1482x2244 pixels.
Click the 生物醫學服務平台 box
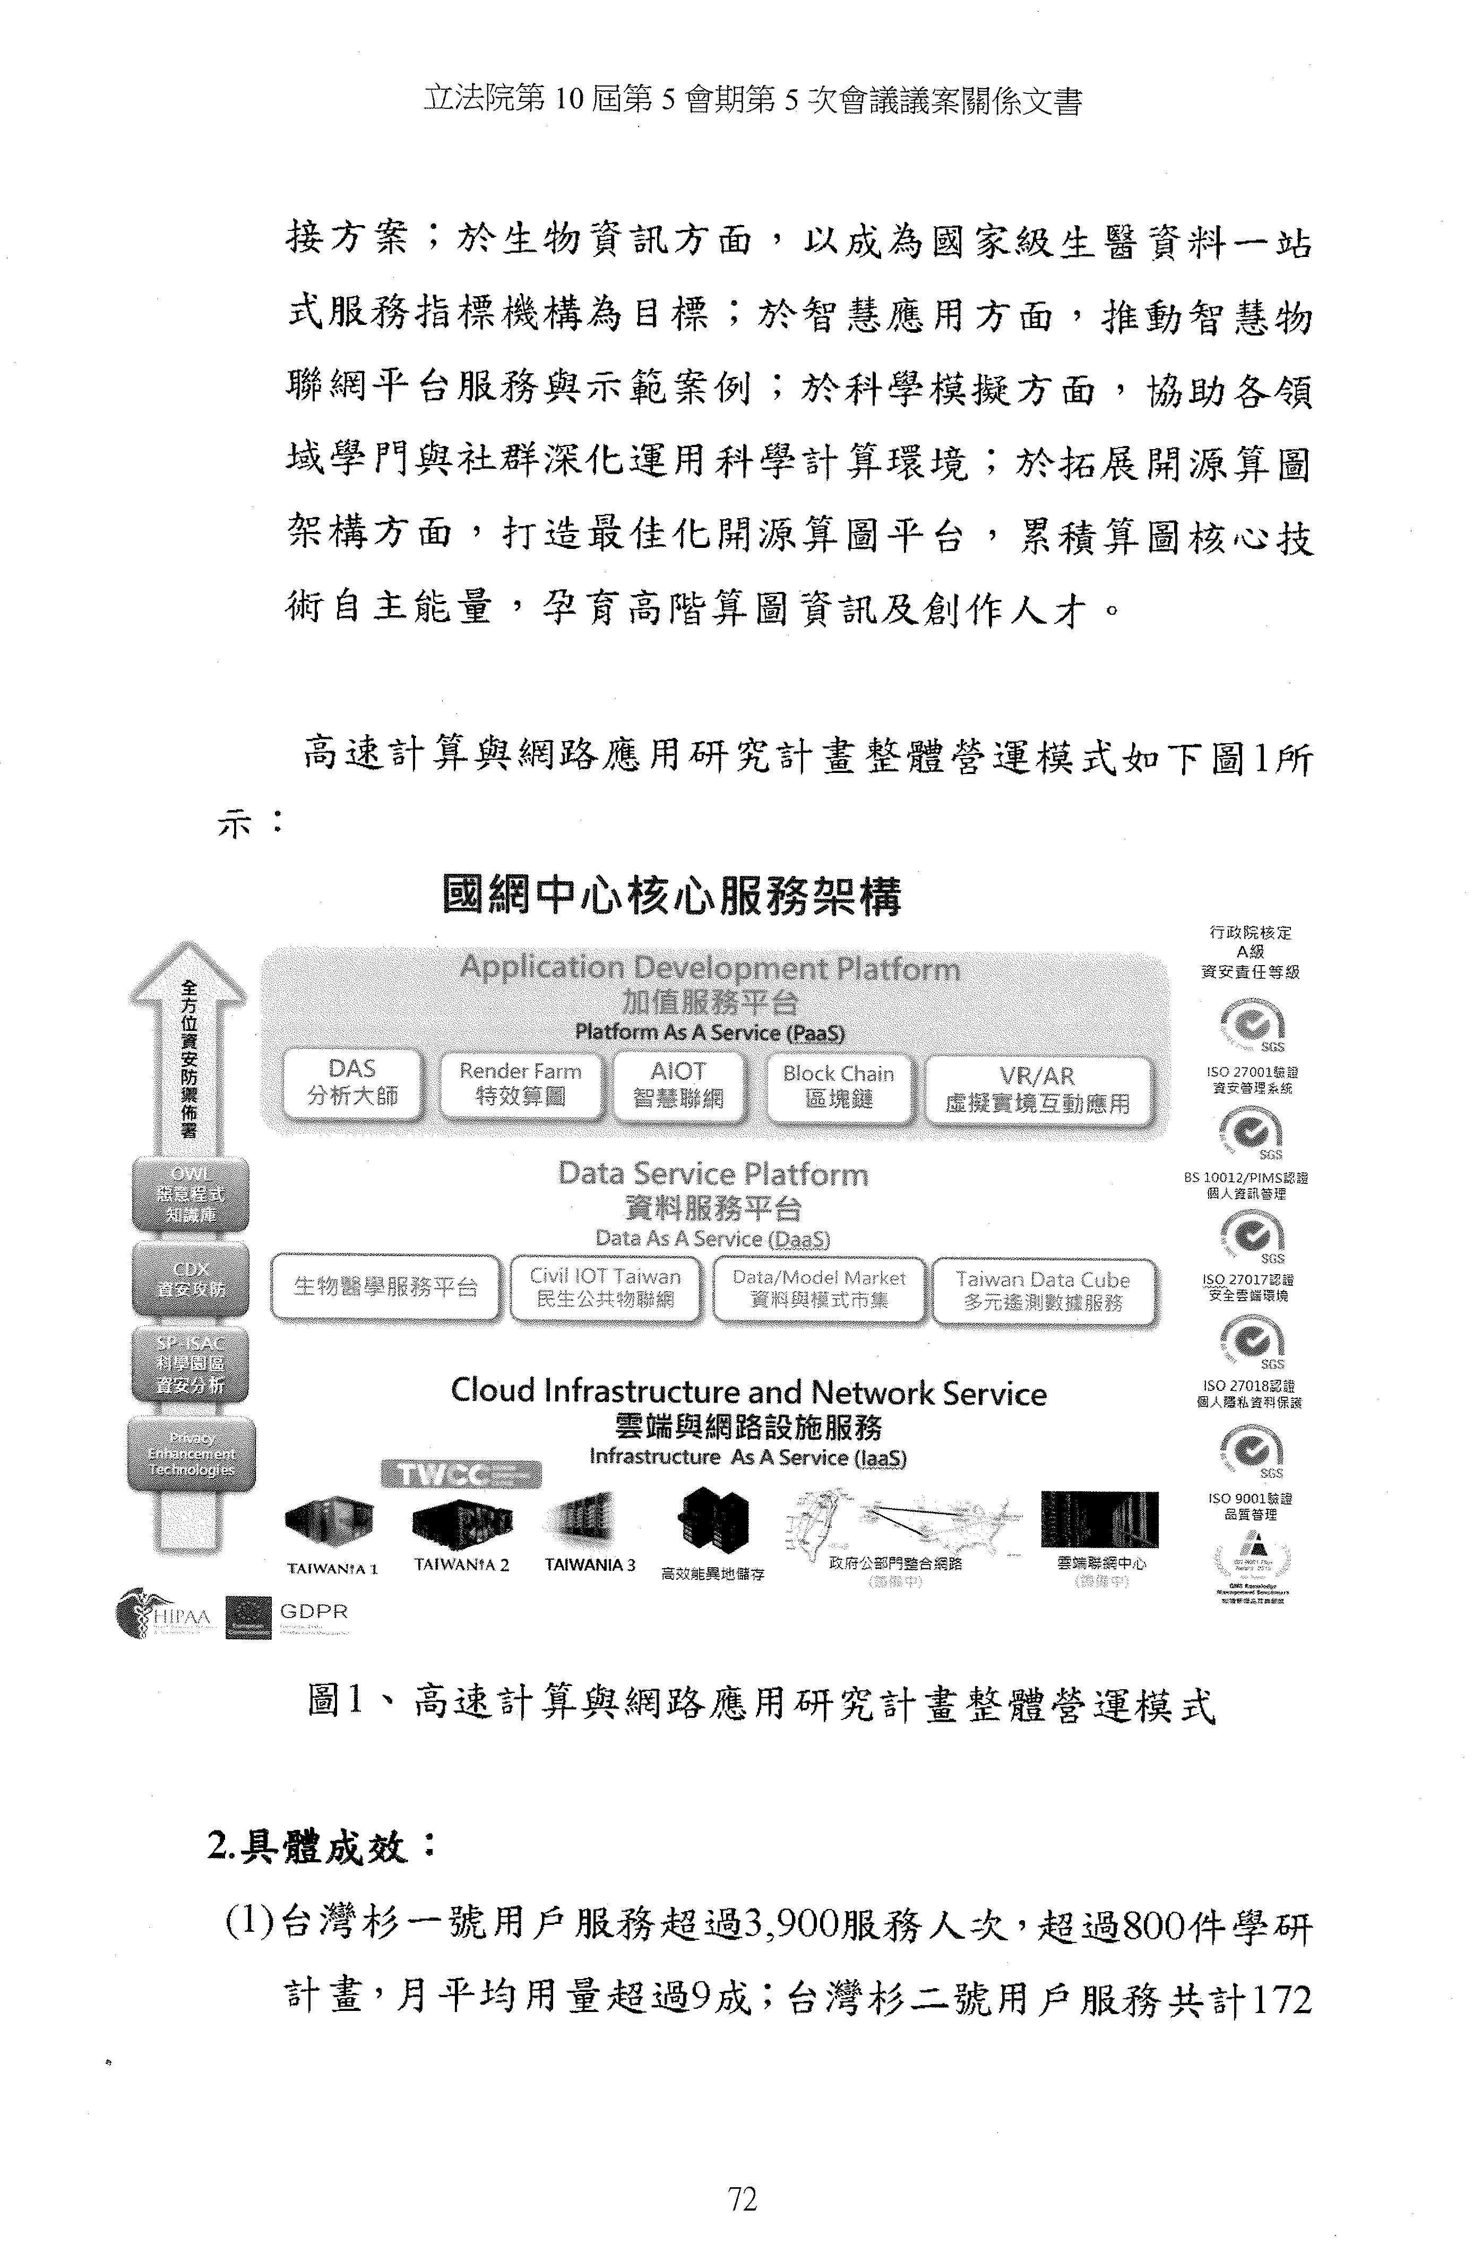coord(385,1286)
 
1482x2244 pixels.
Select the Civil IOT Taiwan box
coord(605,1287)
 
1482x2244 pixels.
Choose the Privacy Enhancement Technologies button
coord(191,1454)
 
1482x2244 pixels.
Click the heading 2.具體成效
coord(321,1845)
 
